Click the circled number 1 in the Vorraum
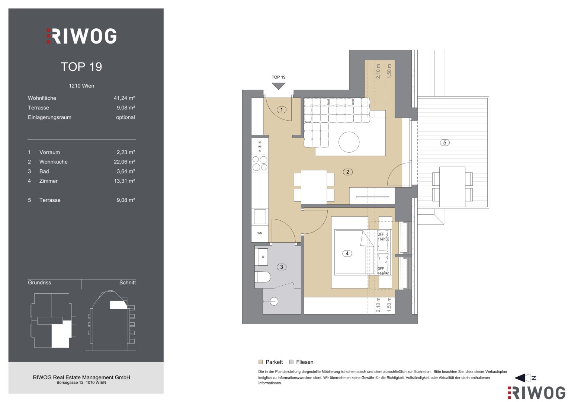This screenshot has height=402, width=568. (282, 110)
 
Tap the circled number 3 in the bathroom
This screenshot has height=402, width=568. (282, 267)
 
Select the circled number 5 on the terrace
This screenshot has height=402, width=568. (445, 143)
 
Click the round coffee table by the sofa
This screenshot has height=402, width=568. (349, 142)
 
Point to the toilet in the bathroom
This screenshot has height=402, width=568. (263, 277)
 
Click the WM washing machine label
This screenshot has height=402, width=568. (260, 233)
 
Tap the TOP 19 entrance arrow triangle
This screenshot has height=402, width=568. (279, 86)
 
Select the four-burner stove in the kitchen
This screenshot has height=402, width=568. (260, 163)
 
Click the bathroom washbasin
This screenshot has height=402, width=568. (261, 257)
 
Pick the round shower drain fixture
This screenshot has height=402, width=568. (274, 301)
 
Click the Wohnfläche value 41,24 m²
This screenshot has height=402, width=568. (124, 98)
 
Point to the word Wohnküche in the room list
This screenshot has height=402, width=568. (54, 162)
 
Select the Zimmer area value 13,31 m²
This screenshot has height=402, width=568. (124, 181)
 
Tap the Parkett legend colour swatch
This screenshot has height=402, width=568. (260, 362)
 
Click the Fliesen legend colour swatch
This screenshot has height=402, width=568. (291, 362)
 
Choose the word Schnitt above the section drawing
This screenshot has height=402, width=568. (128, 283)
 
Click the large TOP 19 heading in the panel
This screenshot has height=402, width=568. (81, 67)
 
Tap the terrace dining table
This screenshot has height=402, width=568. (452, 187)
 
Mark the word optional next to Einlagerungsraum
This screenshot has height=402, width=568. (125, 117)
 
